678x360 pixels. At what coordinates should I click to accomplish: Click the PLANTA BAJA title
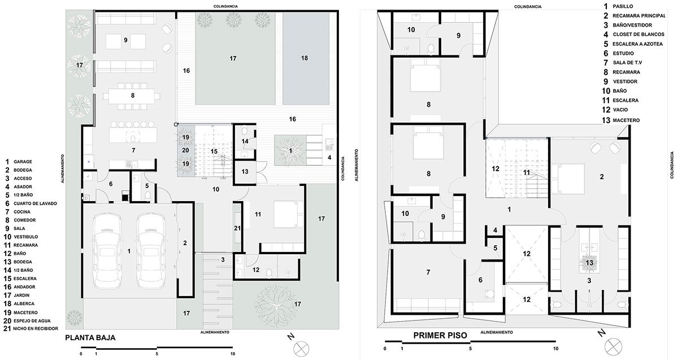(90, 337)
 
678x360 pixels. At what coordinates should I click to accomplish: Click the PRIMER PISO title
(440, 336)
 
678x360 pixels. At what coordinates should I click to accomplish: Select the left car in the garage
(107, 251)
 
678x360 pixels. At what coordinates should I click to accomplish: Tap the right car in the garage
(151, 251)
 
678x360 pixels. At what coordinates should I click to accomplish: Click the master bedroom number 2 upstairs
(602, 176)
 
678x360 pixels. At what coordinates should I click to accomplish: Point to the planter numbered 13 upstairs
(589, 262)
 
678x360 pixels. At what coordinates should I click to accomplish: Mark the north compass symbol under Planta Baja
(301, 349)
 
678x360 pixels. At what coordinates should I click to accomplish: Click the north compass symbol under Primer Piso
(613, 346)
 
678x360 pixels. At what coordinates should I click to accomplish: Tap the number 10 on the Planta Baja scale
(232, 354)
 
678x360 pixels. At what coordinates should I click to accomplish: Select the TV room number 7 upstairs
(428, 272)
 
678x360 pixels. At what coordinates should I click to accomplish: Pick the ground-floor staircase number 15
(214, 151)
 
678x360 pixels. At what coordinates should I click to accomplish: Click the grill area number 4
(329, 158)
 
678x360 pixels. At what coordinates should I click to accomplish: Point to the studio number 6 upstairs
(480, 280)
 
